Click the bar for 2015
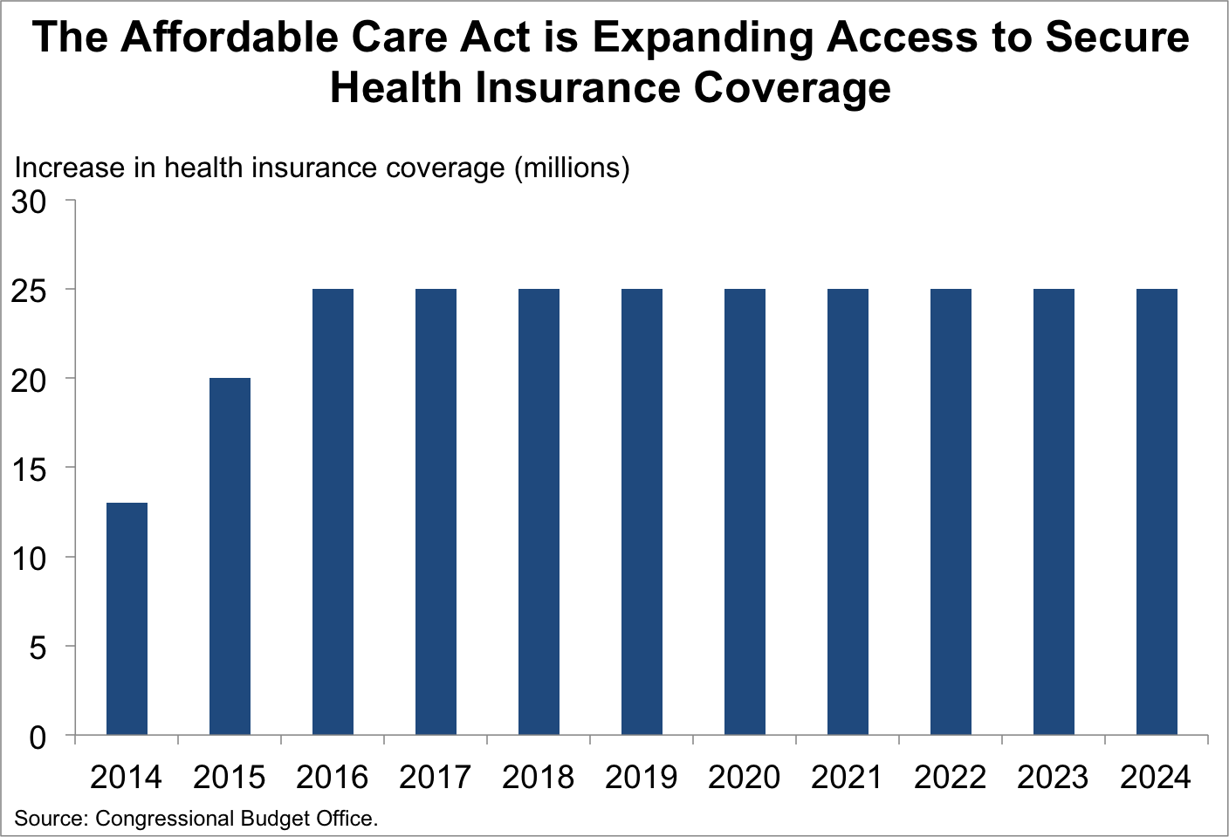[230, 556]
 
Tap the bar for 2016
[333, 511]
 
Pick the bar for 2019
[642, 511]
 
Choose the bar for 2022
[951, 511]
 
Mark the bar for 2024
[1157, 511]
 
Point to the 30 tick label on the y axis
[28, 202]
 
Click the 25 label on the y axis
[28, 292]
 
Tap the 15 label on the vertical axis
[28, 470]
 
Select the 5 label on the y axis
[37, 648]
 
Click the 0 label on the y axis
[37, 738]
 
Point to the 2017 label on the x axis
[435, 777]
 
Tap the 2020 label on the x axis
[744, 777]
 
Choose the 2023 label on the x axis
[1053, 777]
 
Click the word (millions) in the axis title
[572, 168]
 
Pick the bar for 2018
[539, 511]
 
